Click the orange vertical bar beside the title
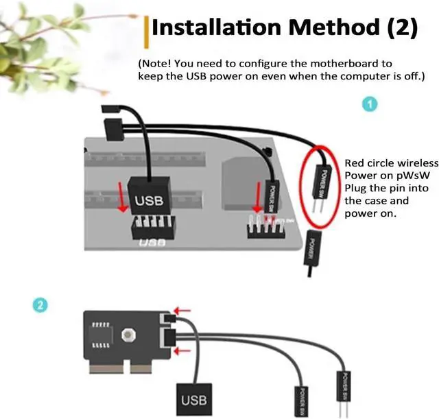pos(147,29)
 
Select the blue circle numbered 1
pos(370,104)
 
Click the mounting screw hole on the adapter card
pos(126,335)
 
